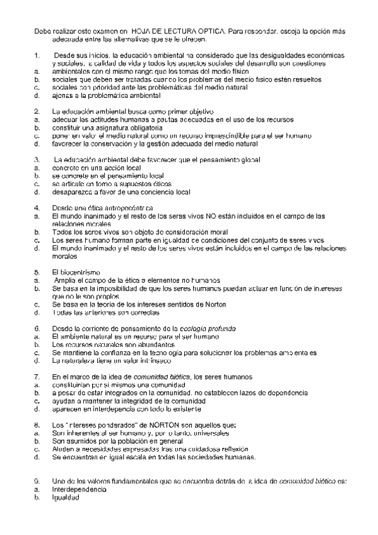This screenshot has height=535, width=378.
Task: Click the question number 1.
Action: [36, 56]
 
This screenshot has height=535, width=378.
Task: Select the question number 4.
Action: [36, 208]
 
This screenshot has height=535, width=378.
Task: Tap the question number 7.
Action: [36, 376]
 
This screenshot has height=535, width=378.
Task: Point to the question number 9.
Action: [36, 481]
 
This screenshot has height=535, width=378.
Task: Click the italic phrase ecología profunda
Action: [208, 329]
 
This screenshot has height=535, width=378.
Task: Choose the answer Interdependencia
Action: [80, 489]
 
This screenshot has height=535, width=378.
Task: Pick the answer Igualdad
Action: [66, 497]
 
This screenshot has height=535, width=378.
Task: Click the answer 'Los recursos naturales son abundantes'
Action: [105, 345]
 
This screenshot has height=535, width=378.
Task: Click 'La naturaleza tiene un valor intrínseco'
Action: [107, 362]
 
